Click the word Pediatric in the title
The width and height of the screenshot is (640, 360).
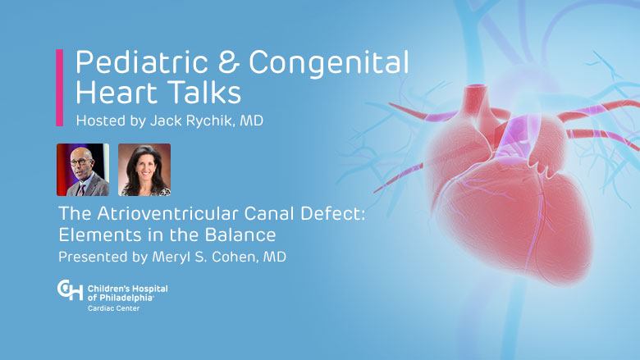click(x=142, y=62)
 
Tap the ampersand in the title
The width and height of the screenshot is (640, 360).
click(x=228, y=62)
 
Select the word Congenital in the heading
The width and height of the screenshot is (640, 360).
click(x=328, y=63)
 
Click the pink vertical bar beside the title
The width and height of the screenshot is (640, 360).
click(x=60, y=88)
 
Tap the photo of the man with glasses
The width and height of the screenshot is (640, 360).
click(x=83, y=170)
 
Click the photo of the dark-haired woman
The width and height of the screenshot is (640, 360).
click(x=144, y=170)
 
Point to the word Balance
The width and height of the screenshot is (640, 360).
click(x=240, y=235)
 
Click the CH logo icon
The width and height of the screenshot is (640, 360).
click(x=71, y=289)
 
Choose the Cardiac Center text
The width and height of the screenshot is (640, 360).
click(x=114, y=308)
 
